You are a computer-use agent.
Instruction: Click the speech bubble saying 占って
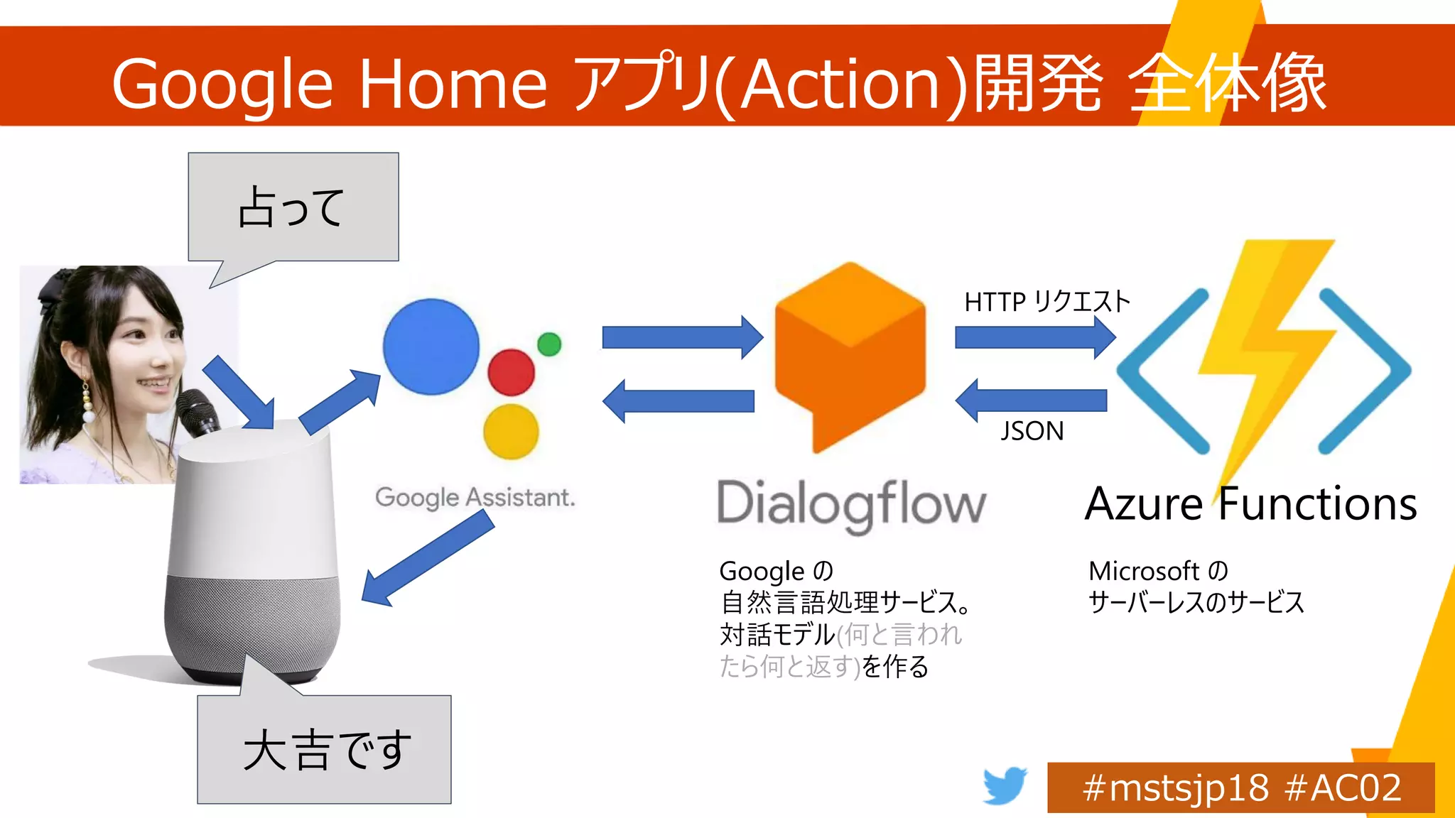(293, 207)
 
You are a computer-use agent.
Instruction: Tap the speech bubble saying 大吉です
(324, 749)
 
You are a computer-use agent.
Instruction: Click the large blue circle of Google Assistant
(431, 346)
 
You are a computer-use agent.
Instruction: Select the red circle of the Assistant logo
(511, 372)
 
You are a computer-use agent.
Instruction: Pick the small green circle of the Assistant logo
(549, 344)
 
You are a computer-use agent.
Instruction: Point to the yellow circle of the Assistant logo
(511, 431)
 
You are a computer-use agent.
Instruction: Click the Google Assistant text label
(475, 497)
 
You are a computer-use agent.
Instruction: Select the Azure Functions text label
(1250, 504)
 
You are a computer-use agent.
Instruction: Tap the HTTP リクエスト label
(1046, 302)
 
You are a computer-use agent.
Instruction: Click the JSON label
(1032, 431)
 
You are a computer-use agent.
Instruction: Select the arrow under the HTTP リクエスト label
(1035, 337)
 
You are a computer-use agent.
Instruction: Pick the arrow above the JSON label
(1032, 400)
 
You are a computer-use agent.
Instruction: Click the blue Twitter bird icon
(1005, 785)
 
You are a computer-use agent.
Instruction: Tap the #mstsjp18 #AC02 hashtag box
(1240, 787)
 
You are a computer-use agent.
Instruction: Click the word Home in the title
(453, 84)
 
